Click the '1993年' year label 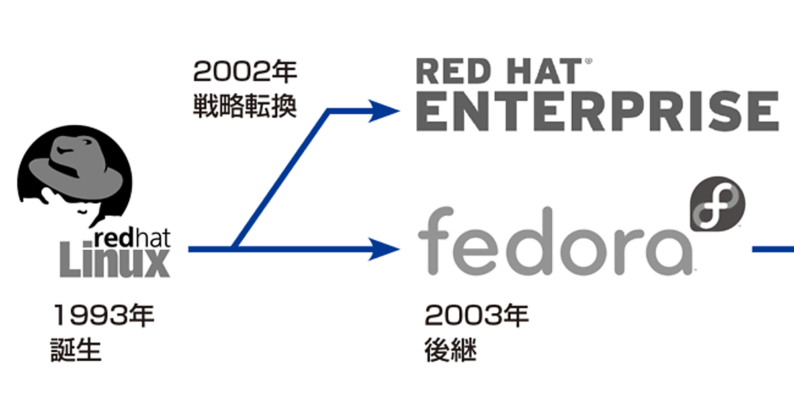pos(104,316)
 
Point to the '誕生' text pos(76,351)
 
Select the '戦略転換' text pos(244,107)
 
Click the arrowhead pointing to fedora pos(385,249)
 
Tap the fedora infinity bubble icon pos(717,205)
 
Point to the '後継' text pos(449,351)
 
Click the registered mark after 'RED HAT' pos(588,61)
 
